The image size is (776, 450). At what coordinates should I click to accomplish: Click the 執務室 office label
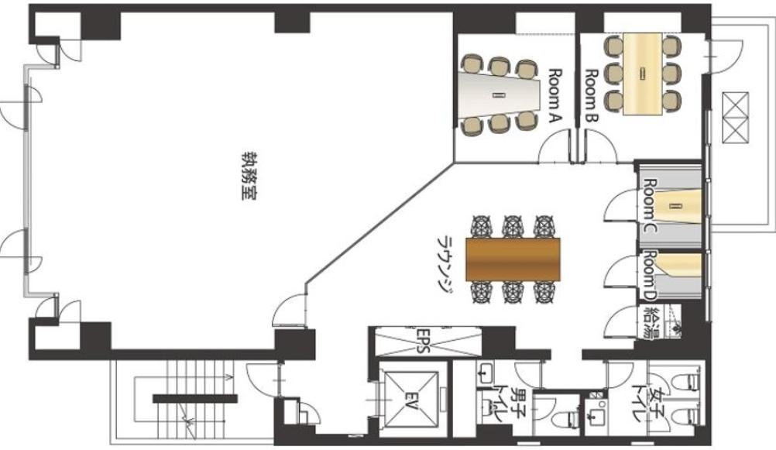[x=249, y=175]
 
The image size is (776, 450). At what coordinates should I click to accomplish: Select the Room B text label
[x=592, y=95]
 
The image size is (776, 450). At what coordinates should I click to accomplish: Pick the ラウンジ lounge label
[x=445, y=263]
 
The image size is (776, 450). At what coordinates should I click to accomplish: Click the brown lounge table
[x=513, y=259]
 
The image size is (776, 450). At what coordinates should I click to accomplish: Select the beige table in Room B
[x=642, y=74]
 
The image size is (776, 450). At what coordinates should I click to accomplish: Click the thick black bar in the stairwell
[x=195, y=399]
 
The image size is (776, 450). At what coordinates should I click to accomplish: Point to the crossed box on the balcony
[x=735, y=117]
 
